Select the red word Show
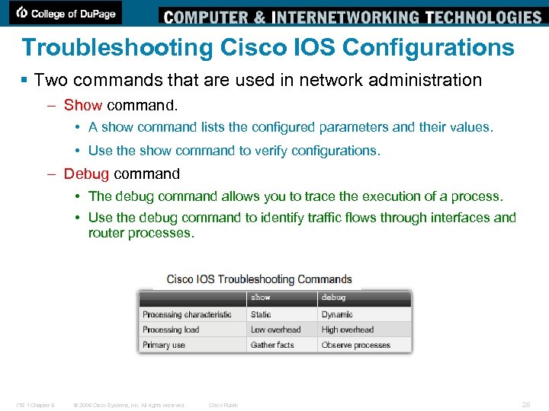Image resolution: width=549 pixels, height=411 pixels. (x=83, y=105)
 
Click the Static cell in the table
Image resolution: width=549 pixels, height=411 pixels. (x=261, y=314)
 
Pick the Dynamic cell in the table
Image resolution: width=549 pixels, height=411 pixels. (x=337, y=314)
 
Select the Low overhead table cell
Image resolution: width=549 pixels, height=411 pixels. (x=275, y=330)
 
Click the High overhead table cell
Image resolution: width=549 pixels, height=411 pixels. (x=347, y=330)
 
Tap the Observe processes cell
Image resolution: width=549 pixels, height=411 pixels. (x=355, y=345)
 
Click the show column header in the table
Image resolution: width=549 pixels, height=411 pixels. (x=261, y=298)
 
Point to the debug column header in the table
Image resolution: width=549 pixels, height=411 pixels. (x=334, y=298)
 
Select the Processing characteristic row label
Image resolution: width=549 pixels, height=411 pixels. (x=187, y=314)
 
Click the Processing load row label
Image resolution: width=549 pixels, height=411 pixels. (x=171, y=330)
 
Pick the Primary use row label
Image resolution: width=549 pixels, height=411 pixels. (x=164, y=345)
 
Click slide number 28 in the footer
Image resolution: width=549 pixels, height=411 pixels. (x=526, y=405)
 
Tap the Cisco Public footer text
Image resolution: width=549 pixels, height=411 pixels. (x=223, y=405)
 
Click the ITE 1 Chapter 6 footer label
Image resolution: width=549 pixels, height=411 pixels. (x=35, y=405)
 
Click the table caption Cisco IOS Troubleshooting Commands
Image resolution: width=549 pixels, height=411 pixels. (x=259, y=279)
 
